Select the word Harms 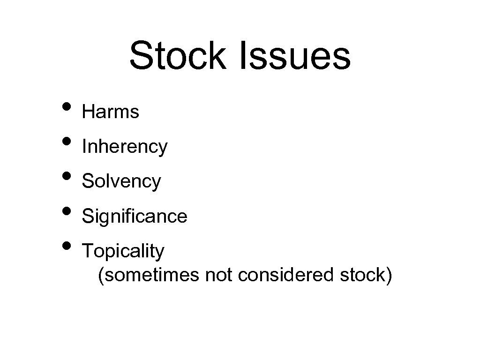(x=111, y=112)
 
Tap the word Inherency (x=125, y=147)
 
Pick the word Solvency (x=121, y=181)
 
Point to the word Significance (x=135, y=216)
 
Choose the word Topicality (x=123, y=251)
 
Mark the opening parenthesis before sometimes (x=101, y=275)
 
